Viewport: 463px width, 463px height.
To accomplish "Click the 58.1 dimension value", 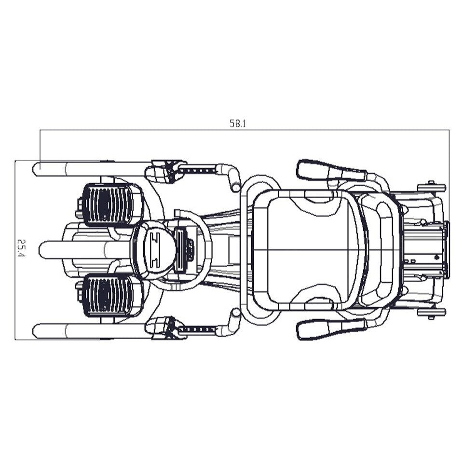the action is click(238, 123).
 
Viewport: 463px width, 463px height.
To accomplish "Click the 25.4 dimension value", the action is click(21, 248).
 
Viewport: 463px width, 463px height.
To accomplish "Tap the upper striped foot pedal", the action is click(108, 204).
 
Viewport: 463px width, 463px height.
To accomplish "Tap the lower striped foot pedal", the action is click(108, 295).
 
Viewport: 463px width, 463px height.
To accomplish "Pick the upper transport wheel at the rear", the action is click(431, 188).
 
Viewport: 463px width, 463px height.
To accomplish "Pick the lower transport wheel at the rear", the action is click(431, 313).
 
